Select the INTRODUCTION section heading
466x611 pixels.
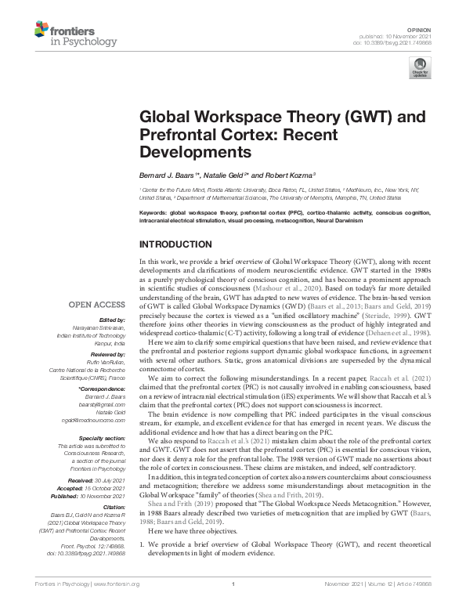(x=181, y=244)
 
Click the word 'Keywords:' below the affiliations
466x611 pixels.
(x=154, y=213)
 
